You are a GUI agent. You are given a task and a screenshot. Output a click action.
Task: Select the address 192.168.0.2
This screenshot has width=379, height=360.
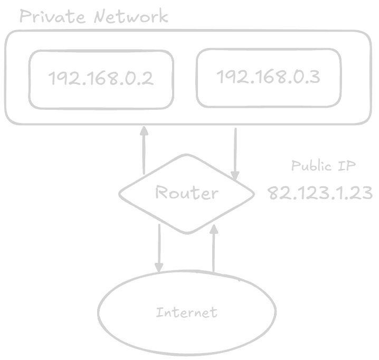coord(101,79)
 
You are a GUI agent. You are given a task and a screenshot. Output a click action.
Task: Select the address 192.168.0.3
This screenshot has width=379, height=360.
coord(269,77)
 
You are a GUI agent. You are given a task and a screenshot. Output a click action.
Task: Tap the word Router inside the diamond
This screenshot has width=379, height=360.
coord(186,193)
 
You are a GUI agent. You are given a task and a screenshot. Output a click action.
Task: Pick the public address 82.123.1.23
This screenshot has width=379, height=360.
coord(320,193)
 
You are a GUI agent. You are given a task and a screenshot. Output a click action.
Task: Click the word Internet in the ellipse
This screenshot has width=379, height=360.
coord(186,312)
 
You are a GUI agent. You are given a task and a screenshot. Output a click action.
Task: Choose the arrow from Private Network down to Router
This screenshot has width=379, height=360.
coord(235,153)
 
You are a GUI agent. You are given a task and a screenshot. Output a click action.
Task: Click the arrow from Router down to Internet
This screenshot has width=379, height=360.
coord(159,248)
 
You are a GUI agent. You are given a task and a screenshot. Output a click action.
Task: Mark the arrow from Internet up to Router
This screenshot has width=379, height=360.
coord(214,248)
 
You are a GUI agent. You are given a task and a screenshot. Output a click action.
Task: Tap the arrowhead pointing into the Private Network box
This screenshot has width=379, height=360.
coord(144,130)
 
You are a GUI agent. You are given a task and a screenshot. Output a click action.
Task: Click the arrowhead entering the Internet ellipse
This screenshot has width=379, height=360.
coord(159,269)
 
